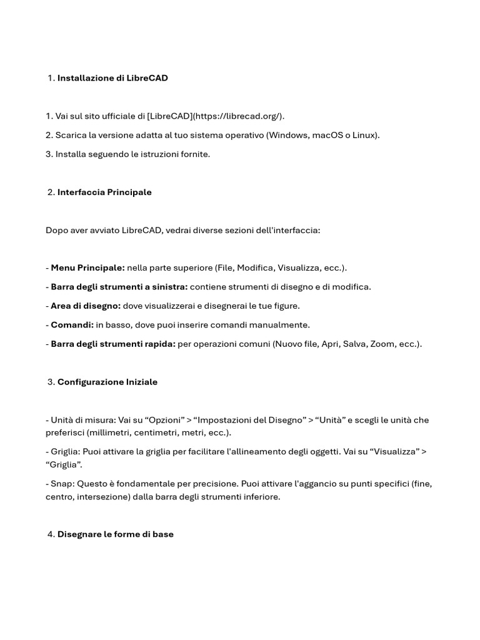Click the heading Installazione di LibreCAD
click(112, 78)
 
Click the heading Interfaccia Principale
click(104, 192)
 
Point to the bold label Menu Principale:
click(87, 268)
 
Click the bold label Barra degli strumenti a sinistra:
click(119, 287)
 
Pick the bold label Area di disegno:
click(86, 306)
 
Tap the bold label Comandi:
click(72, 325)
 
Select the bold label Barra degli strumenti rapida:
click(112, 344)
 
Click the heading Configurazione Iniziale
click(107, 382)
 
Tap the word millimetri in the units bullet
click(112, 432)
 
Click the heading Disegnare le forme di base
click(115, 534)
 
